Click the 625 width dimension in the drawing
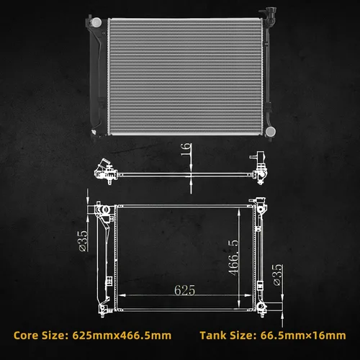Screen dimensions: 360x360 (x=184, y=290)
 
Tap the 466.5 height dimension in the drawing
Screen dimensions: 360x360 (x=233, y=258)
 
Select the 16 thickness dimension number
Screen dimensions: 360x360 (x=186, y=149)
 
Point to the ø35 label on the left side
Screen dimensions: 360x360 (x=84, y=240)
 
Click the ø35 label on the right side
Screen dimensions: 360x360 (x=277, y=275)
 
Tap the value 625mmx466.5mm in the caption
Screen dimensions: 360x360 (x=122, y=336)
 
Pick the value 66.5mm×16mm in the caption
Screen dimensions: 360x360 (x=303, y=336)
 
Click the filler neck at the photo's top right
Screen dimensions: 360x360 (x=269, y=16)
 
